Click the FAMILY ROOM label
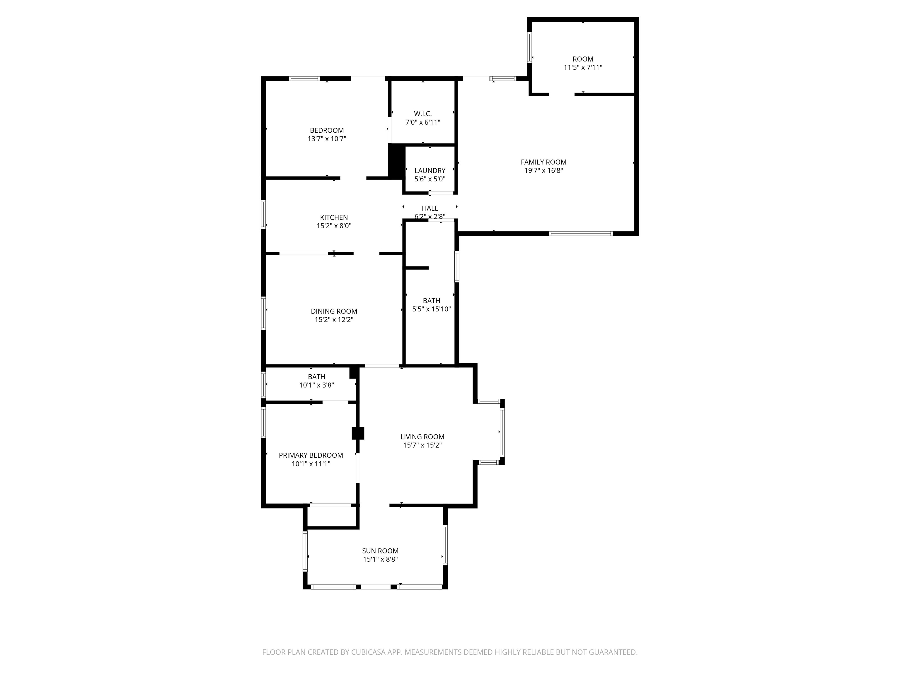[543, 162]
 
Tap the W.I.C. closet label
[423, 114]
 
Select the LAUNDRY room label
[430, 171]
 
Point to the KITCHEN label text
[334, 217]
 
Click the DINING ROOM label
[334, 311]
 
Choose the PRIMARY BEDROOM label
[311, 455]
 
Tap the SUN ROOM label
[381, 551]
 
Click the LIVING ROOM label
[422, 437]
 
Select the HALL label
[430, 208]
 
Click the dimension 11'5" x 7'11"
[583, 68]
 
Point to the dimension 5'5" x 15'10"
[432, 309]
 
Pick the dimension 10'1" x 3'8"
[316, 385]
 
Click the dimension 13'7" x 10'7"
[327, 139]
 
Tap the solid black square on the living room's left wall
[358, 433]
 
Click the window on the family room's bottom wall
[581, 233]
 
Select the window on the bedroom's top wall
[304, 79]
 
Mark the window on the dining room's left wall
[264, 313]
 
